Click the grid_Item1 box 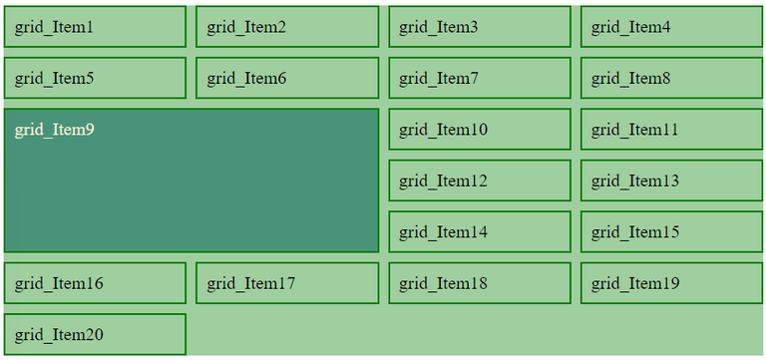click(x=95, y=27)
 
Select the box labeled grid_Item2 click(x=287, y=27)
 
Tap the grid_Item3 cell click(x=480, y=27)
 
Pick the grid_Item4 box click(x=671, y=27)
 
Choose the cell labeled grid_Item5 click(x=95, y=78)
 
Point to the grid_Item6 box click(x=287, y=78)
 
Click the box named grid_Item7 click(x=480, y=78)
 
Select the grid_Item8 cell click(x=671, y=78)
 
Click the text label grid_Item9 click(x=55, y=130)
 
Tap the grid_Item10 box click(x=480, y=130)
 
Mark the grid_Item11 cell click(x=671, y=130)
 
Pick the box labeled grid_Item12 click(x=480, y=180)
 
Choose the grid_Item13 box click(x=671, y=180)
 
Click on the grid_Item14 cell click(x=480, y=232)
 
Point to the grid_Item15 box click(x=671, y=232)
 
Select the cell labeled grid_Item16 click(x=95, y=283)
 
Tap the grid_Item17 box click(x=287, y=283)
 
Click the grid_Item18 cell click(x=480, y=283)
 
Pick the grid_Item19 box click(x=671, y=283)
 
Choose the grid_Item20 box click(x=95, y=334)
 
